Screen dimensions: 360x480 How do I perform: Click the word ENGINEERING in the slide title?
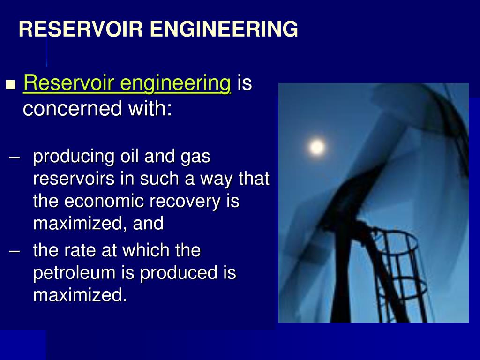224,29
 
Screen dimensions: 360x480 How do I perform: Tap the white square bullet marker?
11,85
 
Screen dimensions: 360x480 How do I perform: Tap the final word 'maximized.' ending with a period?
80,295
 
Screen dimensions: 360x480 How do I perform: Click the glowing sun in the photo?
317,147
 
